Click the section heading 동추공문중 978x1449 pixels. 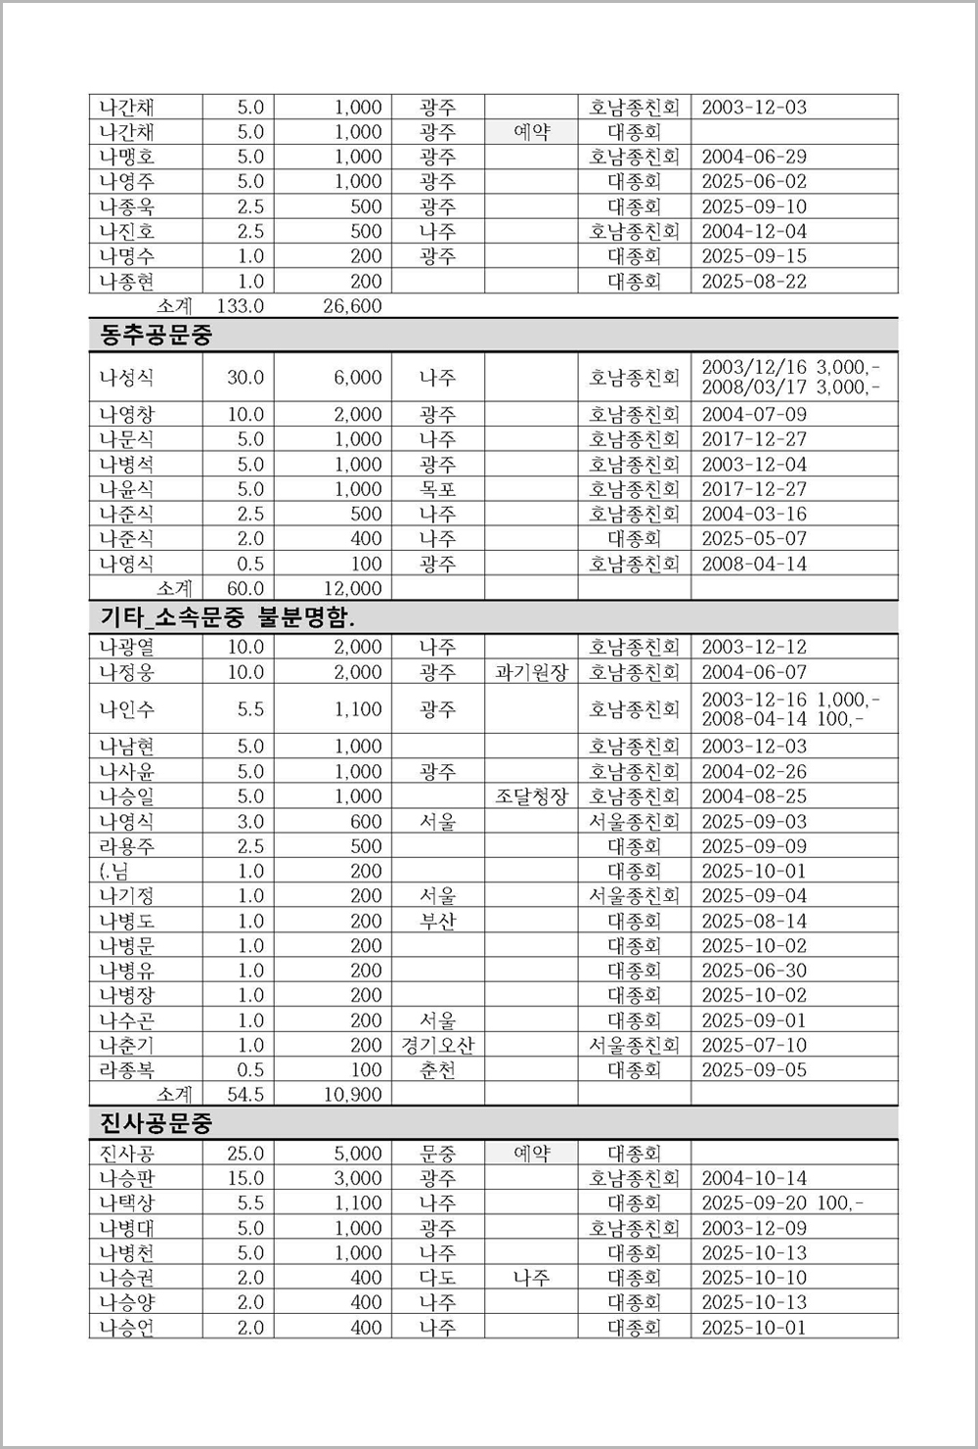[x=156, y=336]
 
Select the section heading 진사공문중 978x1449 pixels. [x=156, y=1122]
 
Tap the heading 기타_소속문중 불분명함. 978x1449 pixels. [x=228, y=617]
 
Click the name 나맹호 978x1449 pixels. [x=127, y=157]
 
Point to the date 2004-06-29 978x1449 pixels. [x=754, y=157]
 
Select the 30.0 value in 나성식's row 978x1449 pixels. [x=245, y=378]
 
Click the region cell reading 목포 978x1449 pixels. [x=437, y=489]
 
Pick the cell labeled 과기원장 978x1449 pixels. [x=531, y=672]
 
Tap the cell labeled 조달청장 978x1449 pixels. [x=531, y=796]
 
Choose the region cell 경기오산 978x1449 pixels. [x=437, y=1045]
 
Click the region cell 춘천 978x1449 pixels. [x=437, y=1069]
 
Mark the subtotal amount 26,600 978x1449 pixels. [x=352, y=306]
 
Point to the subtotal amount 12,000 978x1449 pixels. [x=352, y=588]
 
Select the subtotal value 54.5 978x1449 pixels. [x=245, y=1094]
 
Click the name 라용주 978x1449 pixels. [x=127, y=846]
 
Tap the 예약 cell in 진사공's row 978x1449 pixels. [x=531, y=1154]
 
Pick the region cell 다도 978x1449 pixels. [x=437, y=1278]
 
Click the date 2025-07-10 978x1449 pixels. [x=754, y=1045]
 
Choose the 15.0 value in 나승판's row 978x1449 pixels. [x=245, y=1178]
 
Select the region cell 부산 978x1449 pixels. [x=437, y=921]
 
